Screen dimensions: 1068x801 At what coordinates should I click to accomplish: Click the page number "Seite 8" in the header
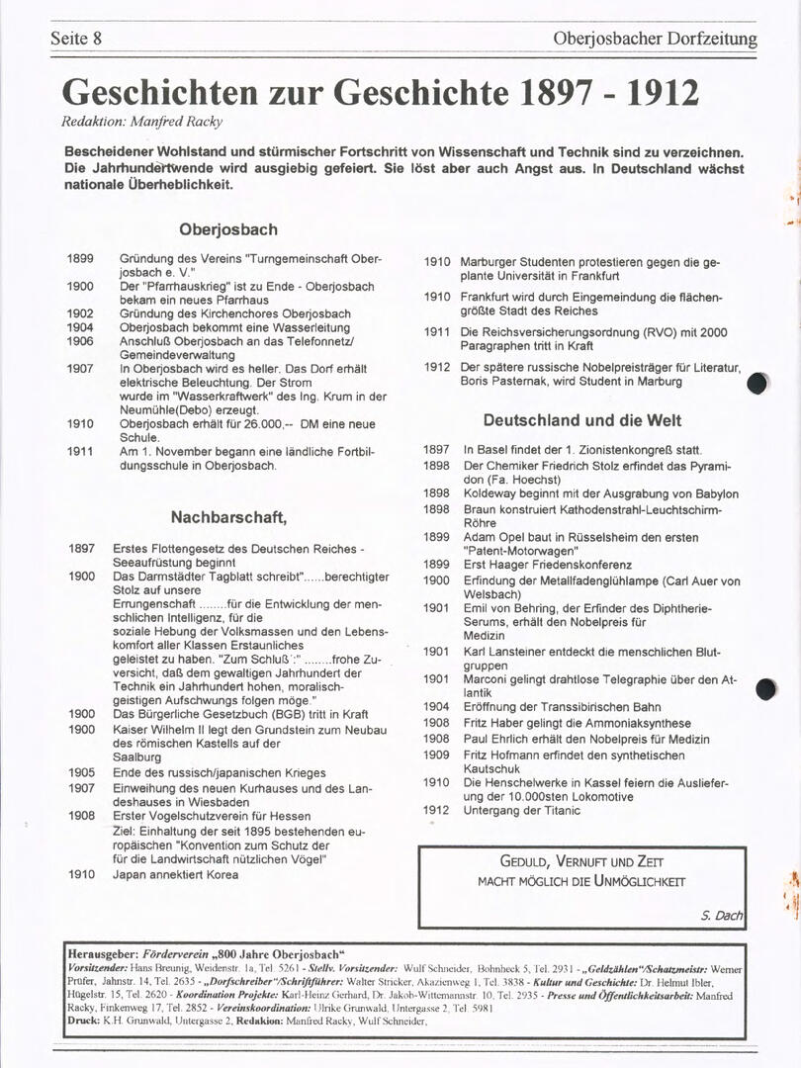tap(76, 40)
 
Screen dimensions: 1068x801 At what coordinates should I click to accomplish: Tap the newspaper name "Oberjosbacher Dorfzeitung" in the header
tap(655, 40)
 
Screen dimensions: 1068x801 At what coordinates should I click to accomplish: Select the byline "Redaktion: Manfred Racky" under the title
tap(142, 121)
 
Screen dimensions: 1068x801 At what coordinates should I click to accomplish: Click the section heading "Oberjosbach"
tap(227, 229)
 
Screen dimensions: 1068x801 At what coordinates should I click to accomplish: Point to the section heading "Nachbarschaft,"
tap(228, 516)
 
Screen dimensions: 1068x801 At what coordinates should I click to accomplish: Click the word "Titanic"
tap(559, 811)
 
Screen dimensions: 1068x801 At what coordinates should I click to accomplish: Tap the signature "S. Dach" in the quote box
tap(721, 916)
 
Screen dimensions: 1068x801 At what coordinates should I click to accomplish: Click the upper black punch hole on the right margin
tap(758, 384)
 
